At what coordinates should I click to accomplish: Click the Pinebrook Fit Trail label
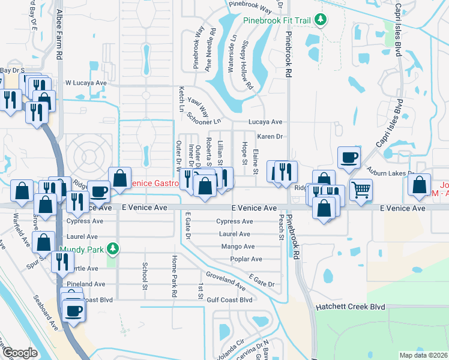point(277,20)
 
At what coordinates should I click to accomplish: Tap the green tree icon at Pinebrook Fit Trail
point(321,20)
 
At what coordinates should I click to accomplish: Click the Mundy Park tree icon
point(111,248)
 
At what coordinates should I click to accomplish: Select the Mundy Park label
point(80,248)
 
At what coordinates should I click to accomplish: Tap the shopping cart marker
point(360,190)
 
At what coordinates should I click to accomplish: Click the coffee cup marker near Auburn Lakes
point(349,158)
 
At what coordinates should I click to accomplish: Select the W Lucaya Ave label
point(86,83)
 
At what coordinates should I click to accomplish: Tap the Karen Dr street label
point(270,137)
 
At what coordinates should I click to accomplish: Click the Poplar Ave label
point(246,259)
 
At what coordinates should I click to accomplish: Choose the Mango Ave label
point(238,247)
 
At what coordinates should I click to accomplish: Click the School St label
point(145,275)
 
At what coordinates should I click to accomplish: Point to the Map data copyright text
point(424,355)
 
